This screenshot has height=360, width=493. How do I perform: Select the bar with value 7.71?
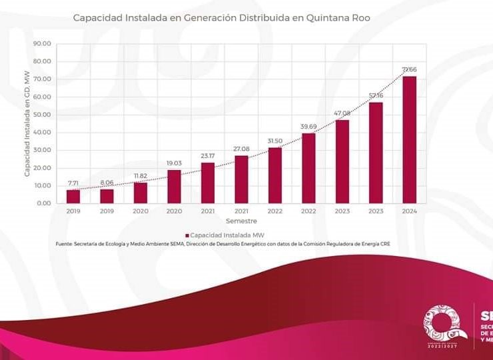tap(73, 196)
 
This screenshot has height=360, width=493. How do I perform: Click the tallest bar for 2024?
tap(409, 140)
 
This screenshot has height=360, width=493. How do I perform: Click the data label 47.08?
tap(342, 114)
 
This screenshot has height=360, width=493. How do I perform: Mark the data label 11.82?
tap(140, 176)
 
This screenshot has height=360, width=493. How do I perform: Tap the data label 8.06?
tap(107, 183)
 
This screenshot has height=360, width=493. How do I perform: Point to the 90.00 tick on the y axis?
tap(42, 44)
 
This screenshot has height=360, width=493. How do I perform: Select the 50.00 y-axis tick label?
tap(42, 115)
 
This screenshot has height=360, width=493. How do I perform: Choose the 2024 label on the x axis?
tap(409, 211)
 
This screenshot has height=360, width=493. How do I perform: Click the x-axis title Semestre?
tap(241, 221)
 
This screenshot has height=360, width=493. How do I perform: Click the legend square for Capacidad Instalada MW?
tap(187, 235)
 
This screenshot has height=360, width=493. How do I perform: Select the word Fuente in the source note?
tap(65, 244)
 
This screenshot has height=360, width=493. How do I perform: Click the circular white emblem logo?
tap(445, 323)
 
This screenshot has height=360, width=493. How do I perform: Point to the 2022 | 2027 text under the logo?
tap(445, 347)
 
